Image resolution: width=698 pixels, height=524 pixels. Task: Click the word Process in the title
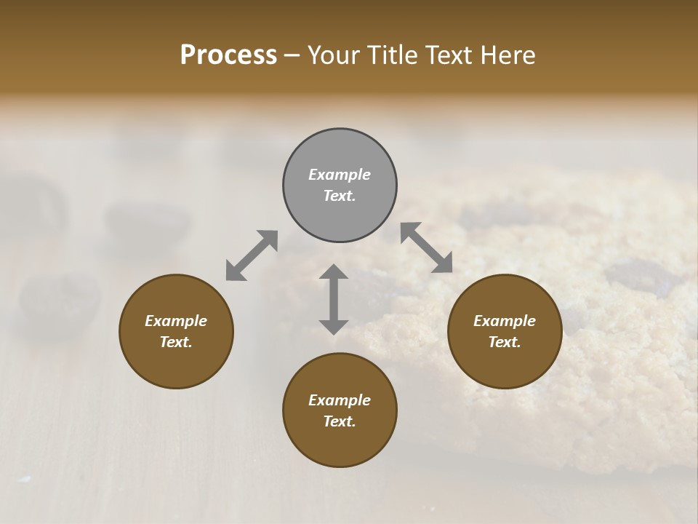[x=228, y=55]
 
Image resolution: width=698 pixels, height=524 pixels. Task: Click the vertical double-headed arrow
[x=334, y=299]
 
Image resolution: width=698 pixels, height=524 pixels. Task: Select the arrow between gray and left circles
[x=252, y=255]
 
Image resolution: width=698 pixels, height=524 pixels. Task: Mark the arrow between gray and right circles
[x=427, y=247]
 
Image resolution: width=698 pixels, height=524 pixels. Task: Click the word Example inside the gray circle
[x=340, y=175]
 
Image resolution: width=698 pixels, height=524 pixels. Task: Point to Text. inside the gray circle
[x=340, y=196]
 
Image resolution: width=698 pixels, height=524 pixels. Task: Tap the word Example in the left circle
[x=176, y=321]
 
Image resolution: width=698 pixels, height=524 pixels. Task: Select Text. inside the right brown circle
[x=505, y=342]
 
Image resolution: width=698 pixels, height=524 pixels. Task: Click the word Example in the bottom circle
[x=340, y=400]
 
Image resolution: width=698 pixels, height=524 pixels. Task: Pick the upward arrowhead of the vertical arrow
[x=334, y=272]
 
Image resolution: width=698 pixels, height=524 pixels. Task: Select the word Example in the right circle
[x=505, y=321]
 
